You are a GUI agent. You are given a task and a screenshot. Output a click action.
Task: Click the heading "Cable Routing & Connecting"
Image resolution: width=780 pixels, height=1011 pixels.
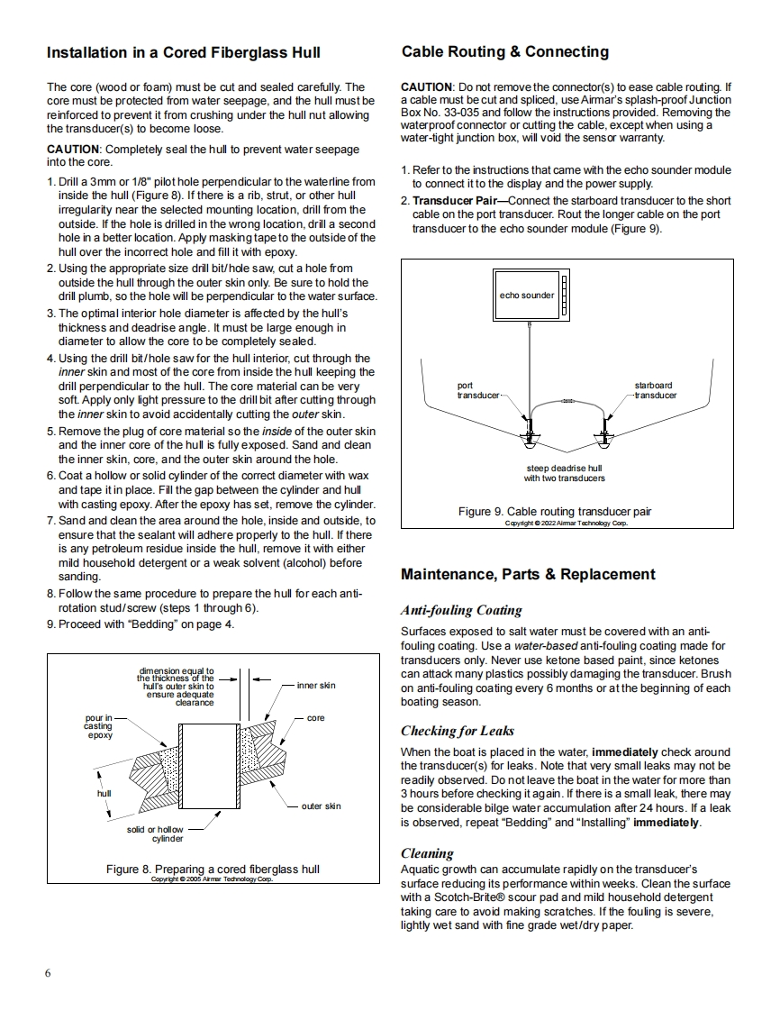(505, 52)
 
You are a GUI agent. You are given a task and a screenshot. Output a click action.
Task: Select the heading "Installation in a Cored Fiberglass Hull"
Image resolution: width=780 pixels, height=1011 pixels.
(184, 53)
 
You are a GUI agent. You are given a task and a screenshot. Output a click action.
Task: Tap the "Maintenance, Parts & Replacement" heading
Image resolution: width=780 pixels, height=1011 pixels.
(528, 575)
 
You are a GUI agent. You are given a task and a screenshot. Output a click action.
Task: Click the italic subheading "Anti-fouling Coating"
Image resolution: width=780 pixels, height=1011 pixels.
(461, 610)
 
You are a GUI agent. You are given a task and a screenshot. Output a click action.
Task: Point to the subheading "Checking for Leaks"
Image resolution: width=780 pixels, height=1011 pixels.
(458, 731)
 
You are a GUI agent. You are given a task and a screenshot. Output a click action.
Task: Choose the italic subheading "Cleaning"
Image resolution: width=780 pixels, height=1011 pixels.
(427, 853)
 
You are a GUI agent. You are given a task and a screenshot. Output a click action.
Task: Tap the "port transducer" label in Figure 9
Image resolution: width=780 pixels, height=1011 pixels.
(477, 390)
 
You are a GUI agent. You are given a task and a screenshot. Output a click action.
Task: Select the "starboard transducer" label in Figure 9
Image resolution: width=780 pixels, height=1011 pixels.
(654, 390)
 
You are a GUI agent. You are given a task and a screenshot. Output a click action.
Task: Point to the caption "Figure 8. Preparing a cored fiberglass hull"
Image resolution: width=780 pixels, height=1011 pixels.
(213, 870)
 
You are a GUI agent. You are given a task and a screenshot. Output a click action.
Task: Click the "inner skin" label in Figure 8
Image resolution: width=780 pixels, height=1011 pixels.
(315, 686)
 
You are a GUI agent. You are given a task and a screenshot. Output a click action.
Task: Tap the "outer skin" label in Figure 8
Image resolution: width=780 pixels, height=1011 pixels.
(321, 806)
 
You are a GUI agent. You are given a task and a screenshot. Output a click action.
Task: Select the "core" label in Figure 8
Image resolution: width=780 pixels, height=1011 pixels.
(315, 718)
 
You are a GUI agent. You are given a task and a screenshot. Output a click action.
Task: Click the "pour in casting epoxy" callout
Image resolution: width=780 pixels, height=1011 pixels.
(98, 726)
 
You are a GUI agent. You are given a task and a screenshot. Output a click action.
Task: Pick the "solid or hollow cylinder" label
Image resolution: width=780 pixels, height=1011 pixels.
(154, 833)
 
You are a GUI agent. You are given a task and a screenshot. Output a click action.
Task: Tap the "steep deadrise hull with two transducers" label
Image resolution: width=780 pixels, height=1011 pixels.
(565, 473)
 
